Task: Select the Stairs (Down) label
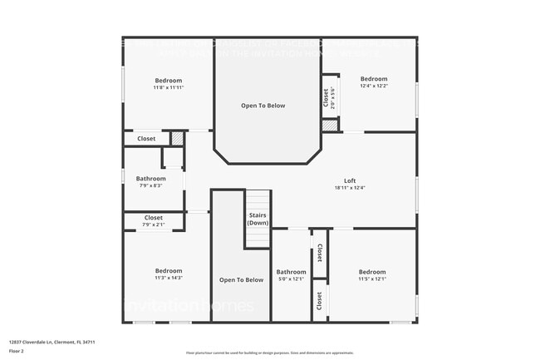point(258,219)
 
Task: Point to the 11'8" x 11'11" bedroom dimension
point(167,87)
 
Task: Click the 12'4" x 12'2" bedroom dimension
point(373,86)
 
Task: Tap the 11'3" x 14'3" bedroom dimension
point(167,278)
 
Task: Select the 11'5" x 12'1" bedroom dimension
point(372,279)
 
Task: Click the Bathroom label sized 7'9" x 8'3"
point(150,179)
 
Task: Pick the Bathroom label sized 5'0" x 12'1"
point(292,272)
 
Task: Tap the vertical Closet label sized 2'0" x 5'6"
point(326,97)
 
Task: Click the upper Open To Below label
point(263,106)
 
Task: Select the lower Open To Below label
point(241,279)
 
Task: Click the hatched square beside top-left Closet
point(176,139)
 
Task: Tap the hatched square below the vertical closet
point(331,125)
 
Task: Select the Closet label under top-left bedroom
point(146,139)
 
